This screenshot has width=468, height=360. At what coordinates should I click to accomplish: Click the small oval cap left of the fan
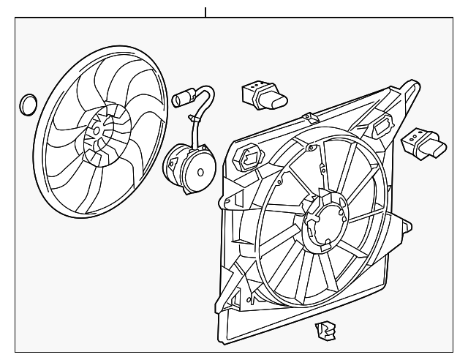point(27,105)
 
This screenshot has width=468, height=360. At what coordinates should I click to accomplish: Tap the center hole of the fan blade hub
point(95,130)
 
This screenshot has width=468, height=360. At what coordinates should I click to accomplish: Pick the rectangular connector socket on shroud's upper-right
point(380,129)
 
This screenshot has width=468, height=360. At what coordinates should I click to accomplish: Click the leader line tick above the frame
point(206,12)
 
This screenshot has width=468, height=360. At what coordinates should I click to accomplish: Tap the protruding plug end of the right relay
point(439,149)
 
